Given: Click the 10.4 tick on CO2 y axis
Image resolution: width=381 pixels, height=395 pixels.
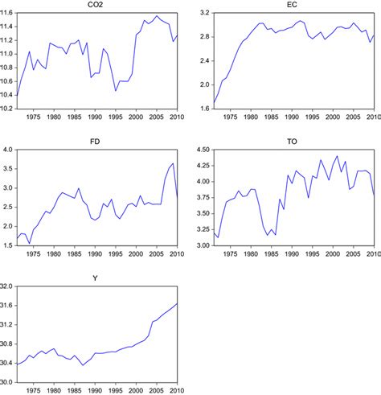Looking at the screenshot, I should tap(7, 95).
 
